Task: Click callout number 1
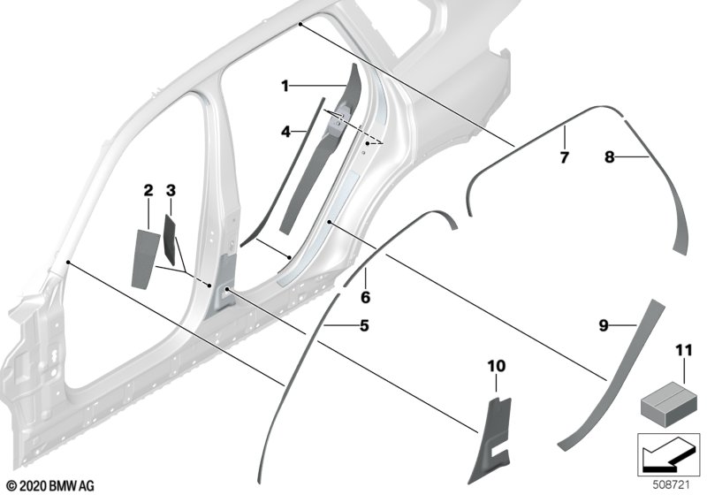tap(285, 86)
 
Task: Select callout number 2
tap(148, 190)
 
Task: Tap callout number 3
tap(171, 190)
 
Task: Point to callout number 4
tap(285, 132)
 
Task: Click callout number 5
tap(362, 326)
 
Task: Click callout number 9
tap(604, 326)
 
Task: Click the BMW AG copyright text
tap(49, 485)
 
